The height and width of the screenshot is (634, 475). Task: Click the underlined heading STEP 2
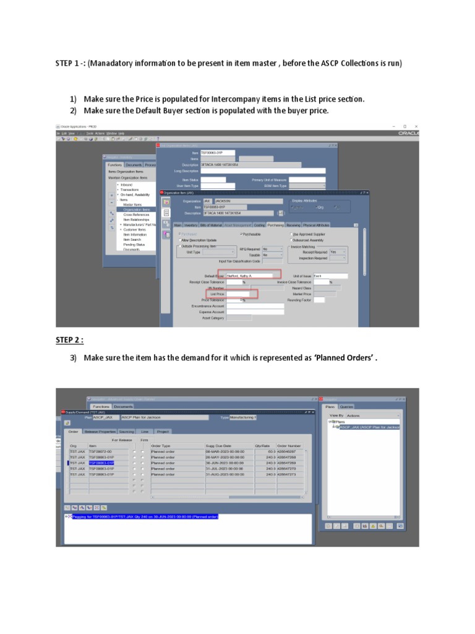pyautogui.click(x=69, y=339)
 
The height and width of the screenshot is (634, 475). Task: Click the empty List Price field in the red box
pyautogui.click(x=237, y=293)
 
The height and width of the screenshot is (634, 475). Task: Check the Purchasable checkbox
pyautogui.click(x=242, y=235)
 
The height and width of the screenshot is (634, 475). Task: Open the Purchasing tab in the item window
pyautogui.click(x=276, y=225)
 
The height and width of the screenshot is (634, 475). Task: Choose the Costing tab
pyautogui.click(x=260, y=225)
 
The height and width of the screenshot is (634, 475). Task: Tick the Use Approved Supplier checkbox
pyautogui.click(x=291, y=235)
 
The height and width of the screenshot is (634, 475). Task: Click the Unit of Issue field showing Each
pyautogui.click(x=330, y=276)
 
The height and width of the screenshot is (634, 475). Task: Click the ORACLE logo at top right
pyautogui.click(x=409, y=132)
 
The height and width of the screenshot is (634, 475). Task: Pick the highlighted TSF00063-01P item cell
pyautogui.click(x=101, y=462)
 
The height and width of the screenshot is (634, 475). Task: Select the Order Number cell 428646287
pyautogui.click(x=290, y=451)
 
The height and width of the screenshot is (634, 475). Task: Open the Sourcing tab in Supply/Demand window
pyautogui.click(x=127, y=431)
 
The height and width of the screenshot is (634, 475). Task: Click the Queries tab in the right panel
pyautogui.click(x=347, y=407)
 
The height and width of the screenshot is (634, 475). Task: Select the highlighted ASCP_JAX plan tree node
pyautogui.click(x=369, y=427)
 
